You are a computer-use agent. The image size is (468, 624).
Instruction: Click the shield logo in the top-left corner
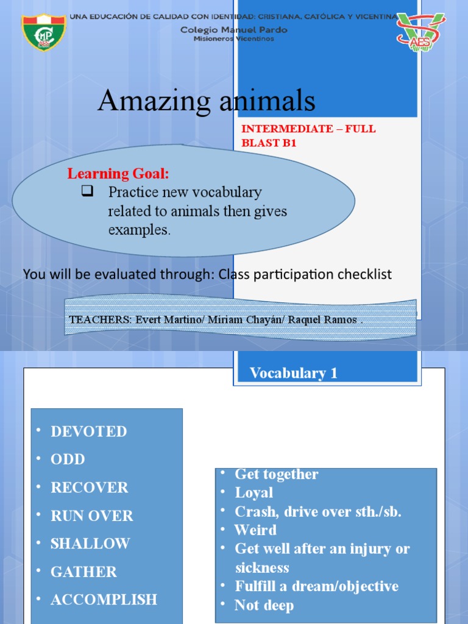[44, 32]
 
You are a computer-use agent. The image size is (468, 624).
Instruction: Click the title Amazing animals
[207, 101]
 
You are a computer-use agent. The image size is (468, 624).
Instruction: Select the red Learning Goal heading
[118, 174]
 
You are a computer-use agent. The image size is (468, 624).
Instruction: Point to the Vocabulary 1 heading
[293, 373]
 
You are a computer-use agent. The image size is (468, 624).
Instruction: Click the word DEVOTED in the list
[89, 431]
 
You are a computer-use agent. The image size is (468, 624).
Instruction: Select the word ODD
[68, 459]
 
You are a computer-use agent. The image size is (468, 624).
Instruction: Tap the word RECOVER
[90, 487]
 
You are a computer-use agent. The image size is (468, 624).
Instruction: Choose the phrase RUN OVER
[91, 516]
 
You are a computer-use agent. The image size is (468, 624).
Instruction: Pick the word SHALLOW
[90, 544]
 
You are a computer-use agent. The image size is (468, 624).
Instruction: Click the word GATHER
[83, 572]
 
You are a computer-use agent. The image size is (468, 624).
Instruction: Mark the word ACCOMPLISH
[104, 600]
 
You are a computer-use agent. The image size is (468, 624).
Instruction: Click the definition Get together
[277, 474]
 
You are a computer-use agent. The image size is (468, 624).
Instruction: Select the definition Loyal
[254, 492]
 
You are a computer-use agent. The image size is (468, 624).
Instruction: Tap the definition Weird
[255, 530]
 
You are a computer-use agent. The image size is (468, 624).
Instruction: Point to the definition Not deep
[264, 605]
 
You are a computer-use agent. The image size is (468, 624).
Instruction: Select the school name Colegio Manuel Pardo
[234, 29]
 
